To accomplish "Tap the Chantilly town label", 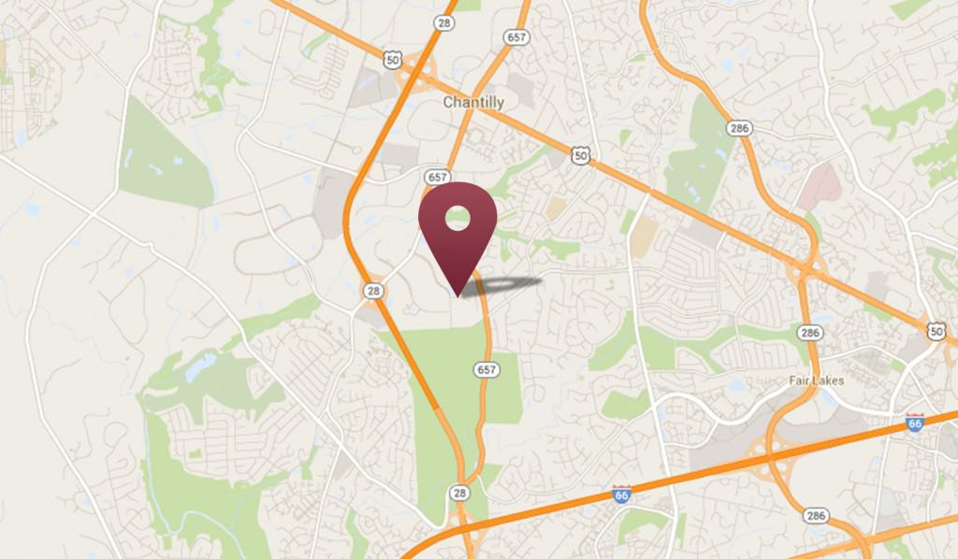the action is coord(473,102).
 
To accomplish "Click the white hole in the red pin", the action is coord(457,220).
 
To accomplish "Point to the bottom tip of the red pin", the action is coord(457,296).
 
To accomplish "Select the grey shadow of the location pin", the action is coord(505,284).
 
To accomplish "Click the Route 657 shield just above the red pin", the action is coord(436,176).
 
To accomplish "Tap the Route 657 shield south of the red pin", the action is coord(486,369).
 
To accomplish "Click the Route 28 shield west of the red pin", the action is coord(373,291).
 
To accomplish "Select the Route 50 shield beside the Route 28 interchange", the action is coord(393,59).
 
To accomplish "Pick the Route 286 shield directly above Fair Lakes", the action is coord(811,332).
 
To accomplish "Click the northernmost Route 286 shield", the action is coord(741,128).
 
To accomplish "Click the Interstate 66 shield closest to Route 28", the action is coord(620,493).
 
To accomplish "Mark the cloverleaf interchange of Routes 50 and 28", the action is coord(418,81).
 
